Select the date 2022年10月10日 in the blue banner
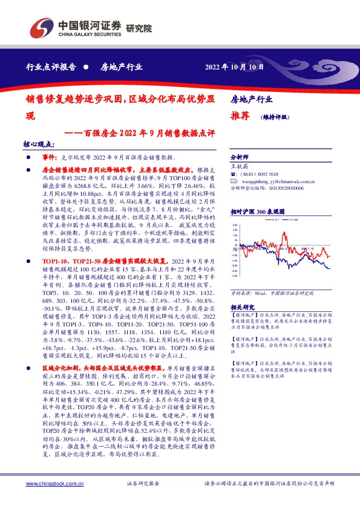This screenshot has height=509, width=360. pyautogui.click(x=235, y=67)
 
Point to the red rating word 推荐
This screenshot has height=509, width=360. pyautogui.click(x=240, y=117)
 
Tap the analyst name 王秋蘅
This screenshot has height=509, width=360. pyautogui.click(x=240, y=165)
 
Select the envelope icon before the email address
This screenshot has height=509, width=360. pyautogui.click(x=234, y=180)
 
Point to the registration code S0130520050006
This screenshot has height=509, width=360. pyautogui.click(x=283, y=188)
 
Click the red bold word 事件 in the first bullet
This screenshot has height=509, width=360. pyautogui.click(x=50, y=156)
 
